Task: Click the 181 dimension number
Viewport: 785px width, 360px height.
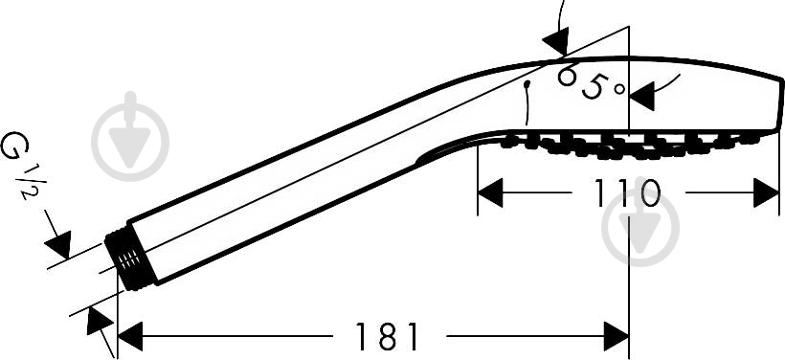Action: (x=386, y=335)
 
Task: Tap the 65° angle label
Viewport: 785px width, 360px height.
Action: (x=590, y=83)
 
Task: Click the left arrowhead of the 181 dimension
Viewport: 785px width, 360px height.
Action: (x=130, y=336)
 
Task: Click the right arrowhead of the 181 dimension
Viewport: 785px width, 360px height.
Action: (x=616, y=336)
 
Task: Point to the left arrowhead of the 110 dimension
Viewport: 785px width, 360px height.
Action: (x=490, y=192)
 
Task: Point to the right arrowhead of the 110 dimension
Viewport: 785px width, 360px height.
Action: (x=767, y=192)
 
